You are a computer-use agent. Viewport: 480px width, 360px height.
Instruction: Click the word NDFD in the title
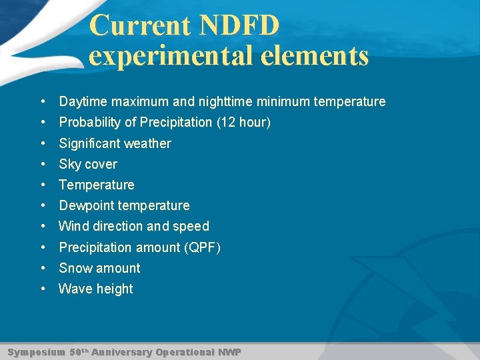pos(239,25)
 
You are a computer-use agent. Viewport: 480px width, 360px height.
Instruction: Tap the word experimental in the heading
pos(169,56)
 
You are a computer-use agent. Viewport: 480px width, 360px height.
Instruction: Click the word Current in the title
pos(140,25)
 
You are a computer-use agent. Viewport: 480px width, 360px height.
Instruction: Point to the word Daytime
pos(83,102)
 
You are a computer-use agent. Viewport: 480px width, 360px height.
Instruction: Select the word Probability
pos(89,123)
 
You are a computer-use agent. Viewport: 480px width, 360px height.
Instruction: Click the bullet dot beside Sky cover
pos(43,164)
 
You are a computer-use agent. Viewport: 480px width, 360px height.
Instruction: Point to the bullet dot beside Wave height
pos(43,289)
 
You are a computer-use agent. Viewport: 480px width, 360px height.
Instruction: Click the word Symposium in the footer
pos(36,352)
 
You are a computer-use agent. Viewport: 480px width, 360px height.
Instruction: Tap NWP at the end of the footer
pos(229,352)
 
